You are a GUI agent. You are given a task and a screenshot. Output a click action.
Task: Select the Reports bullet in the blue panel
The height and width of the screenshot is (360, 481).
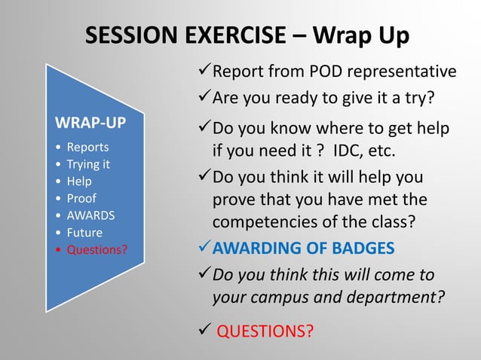tap(87, 147)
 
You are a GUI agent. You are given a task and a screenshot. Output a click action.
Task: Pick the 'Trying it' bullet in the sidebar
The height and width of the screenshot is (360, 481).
tap(89, 163)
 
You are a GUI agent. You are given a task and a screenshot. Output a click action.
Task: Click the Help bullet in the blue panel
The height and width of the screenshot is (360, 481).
tap(79, 181)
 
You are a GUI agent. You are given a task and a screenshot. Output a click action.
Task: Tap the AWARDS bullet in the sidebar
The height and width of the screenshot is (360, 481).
tap(90, 215)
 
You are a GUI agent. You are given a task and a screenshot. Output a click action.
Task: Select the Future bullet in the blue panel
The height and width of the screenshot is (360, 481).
tap(84, 233)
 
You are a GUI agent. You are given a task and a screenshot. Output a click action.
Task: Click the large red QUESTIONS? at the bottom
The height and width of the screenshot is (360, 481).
tap(265, 331)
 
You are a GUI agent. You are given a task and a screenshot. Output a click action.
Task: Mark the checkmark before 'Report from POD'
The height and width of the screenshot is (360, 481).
tap(203, 71)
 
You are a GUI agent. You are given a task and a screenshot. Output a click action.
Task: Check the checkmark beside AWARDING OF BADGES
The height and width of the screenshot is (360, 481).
tap(203, 248)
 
